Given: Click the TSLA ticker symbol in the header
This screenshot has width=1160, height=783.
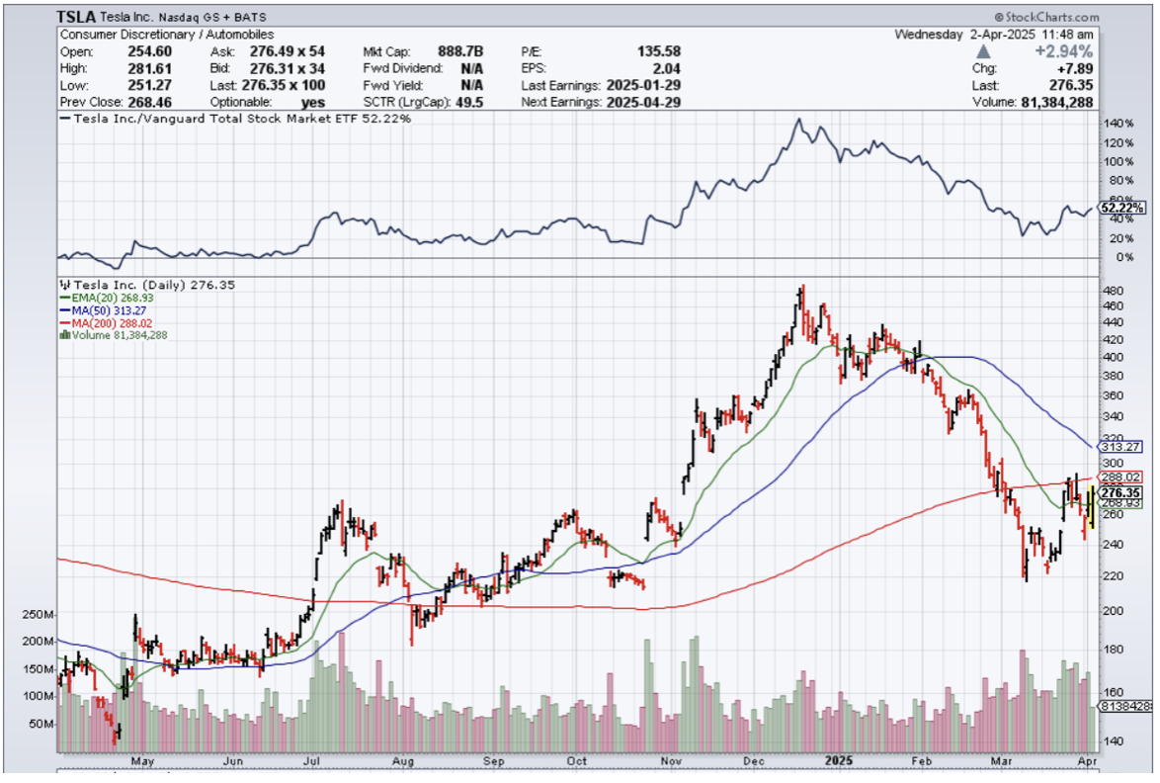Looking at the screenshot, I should tap(77, 17).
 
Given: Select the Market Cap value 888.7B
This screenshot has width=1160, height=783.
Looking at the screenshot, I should tap(456, 51).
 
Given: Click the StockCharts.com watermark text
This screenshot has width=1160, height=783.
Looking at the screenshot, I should tap(1051, 18).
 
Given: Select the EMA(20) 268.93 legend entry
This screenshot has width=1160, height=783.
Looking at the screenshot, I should tap(99, 297).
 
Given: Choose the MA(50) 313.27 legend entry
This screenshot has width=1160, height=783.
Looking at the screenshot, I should tap(96, 309).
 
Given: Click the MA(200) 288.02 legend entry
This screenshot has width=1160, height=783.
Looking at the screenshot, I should tap(99, 322).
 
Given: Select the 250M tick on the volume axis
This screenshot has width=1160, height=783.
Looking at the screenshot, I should tap(37, 615).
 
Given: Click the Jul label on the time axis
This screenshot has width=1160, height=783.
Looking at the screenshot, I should tap(310, 762).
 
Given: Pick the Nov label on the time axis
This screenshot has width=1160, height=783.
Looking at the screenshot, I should tap(671, 762).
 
